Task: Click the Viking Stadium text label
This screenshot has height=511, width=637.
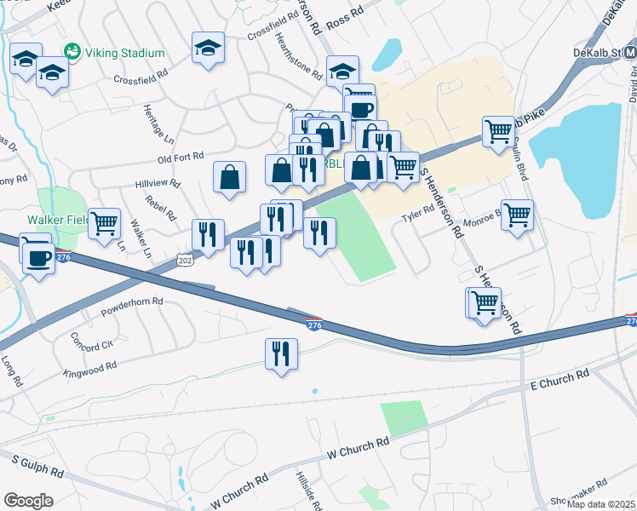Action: tap(125, 53)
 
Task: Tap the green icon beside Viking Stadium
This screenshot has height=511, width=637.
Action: tap(72, 52)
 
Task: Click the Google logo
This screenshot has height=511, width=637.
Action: tap(28, 500)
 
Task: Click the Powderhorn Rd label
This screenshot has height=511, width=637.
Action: tap(132, 301)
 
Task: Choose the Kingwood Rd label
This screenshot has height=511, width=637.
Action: tap(89, 369)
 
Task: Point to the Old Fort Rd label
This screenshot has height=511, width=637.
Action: tap(181, 157)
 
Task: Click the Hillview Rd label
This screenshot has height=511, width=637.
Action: tap(158, 183)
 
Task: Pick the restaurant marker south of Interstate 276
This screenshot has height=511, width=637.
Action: tap(281, 353)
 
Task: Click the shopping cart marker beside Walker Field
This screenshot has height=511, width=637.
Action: tap(105, 224)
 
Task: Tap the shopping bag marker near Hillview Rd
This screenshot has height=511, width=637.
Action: tap(230, 177)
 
